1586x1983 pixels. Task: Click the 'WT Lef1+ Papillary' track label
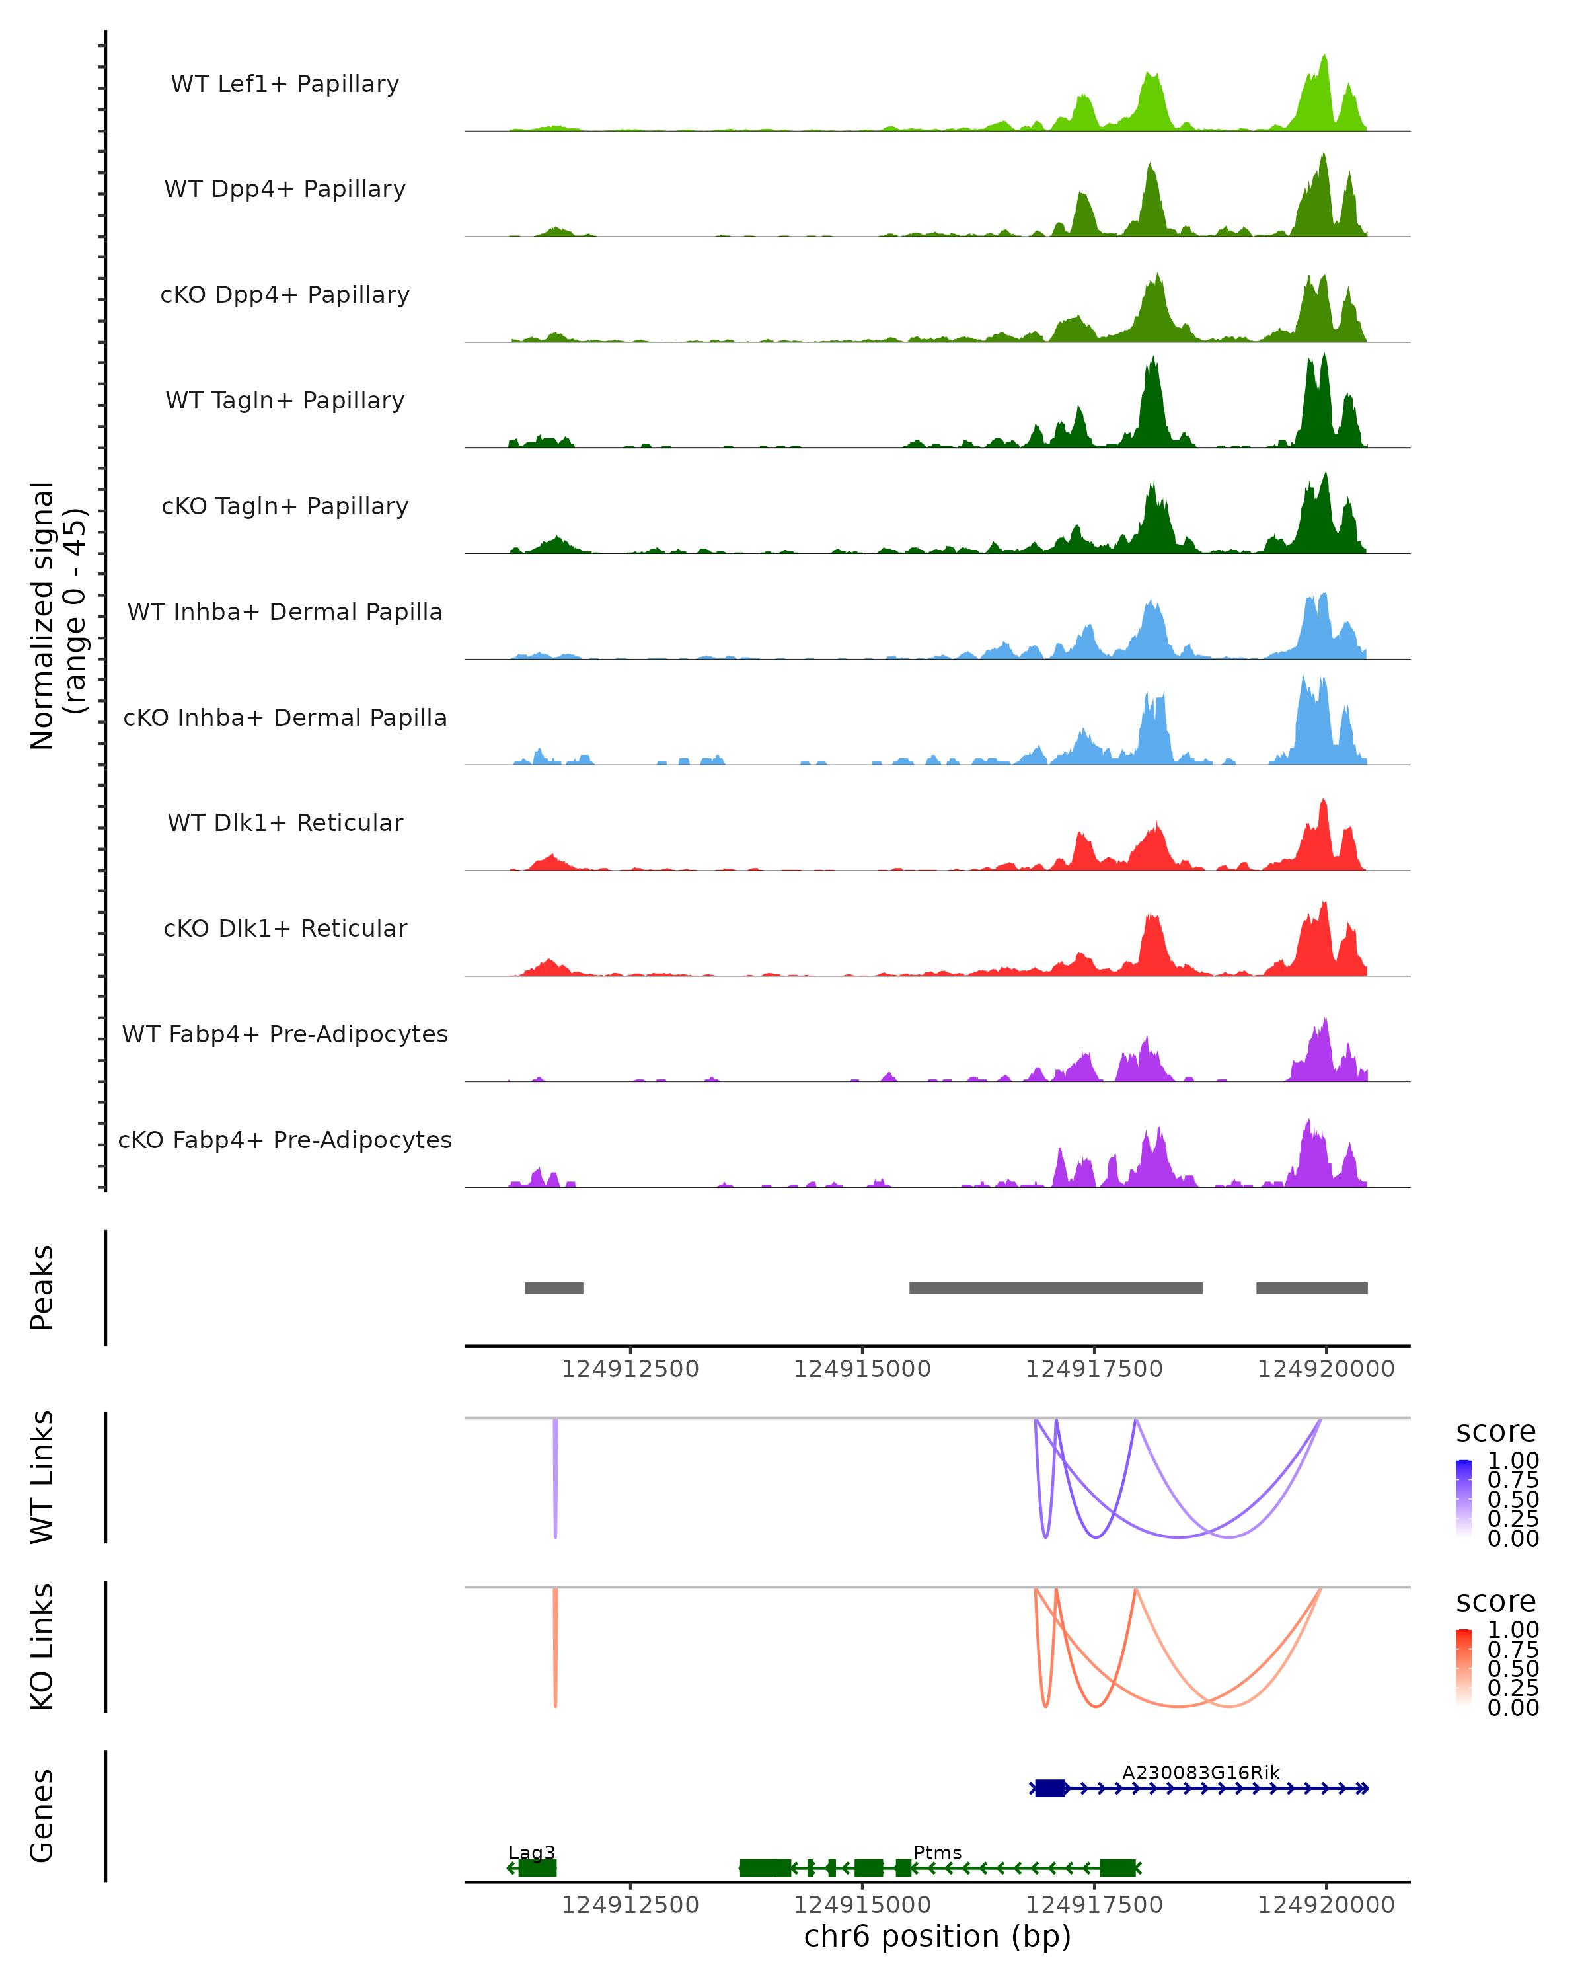coord(285,84)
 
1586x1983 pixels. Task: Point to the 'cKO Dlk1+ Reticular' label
coord(285,928)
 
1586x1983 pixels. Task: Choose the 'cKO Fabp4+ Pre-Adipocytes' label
coord(285,1140)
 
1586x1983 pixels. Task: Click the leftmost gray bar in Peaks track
coord(554,1288)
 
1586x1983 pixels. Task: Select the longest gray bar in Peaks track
coord(1055,1288)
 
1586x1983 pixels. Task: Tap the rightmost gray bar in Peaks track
coord(1311,1288)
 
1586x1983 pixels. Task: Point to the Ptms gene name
coord(937,1852)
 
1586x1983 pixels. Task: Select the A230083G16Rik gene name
coord(1200,1772)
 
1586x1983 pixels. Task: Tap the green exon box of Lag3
coord(537,1868)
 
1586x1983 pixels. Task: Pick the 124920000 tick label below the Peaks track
coord(1326,1369)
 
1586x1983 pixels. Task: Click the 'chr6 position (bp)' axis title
coord(937,1936)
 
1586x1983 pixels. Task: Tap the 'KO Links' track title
coord(42,1647)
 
